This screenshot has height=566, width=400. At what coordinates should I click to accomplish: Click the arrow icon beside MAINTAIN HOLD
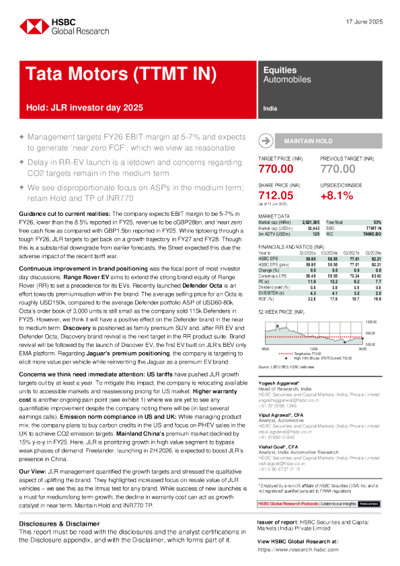(x=266, y=140)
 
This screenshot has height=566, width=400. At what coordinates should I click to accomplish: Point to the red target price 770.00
(x=276, y=169)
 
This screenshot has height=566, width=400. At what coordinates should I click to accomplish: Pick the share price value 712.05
(x=276, y=195)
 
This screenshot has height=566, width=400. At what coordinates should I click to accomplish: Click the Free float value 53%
(x=377, y=222)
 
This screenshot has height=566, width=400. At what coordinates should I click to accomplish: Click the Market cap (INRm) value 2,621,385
(x=310, y=222)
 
